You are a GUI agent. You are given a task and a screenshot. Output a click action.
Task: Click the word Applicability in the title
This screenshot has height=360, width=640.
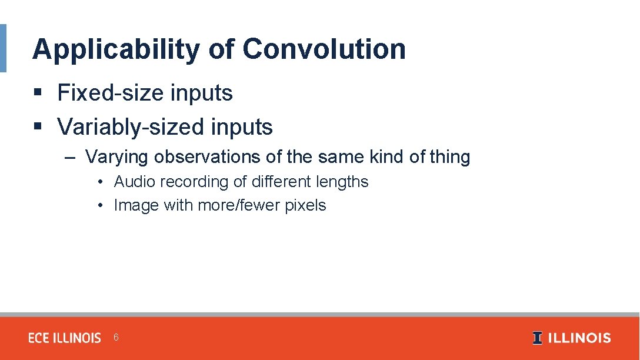[x=116, y=49]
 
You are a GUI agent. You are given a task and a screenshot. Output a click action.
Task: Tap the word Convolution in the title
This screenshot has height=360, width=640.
[x=324, y=49]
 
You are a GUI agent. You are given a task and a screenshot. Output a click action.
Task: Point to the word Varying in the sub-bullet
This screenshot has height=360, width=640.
[x=116, y=157]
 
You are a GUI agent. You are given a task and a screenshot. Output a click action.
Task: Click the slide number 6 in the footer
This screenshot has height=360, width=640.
[x=116, y=338]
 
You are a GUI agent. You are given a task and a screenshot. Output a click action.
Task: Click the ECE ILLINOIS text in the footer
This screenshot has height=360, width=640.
[x=65, y=338]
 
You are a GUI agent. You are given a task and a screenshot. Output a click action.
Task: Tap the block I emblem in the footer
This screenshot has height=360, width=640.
[x=537, y=338]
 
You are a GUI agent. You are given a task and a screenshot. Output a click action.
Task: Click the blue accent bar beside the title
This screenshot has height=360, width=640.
[x=3, y=48]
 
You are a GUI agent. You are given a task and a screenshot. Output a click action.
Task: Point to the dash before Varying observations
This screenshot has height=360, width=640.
[x=71, y=158]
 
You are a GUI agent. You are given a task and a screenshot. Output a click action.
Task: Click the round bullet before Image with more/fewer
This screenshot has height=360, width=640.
[x=101, y=206]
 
